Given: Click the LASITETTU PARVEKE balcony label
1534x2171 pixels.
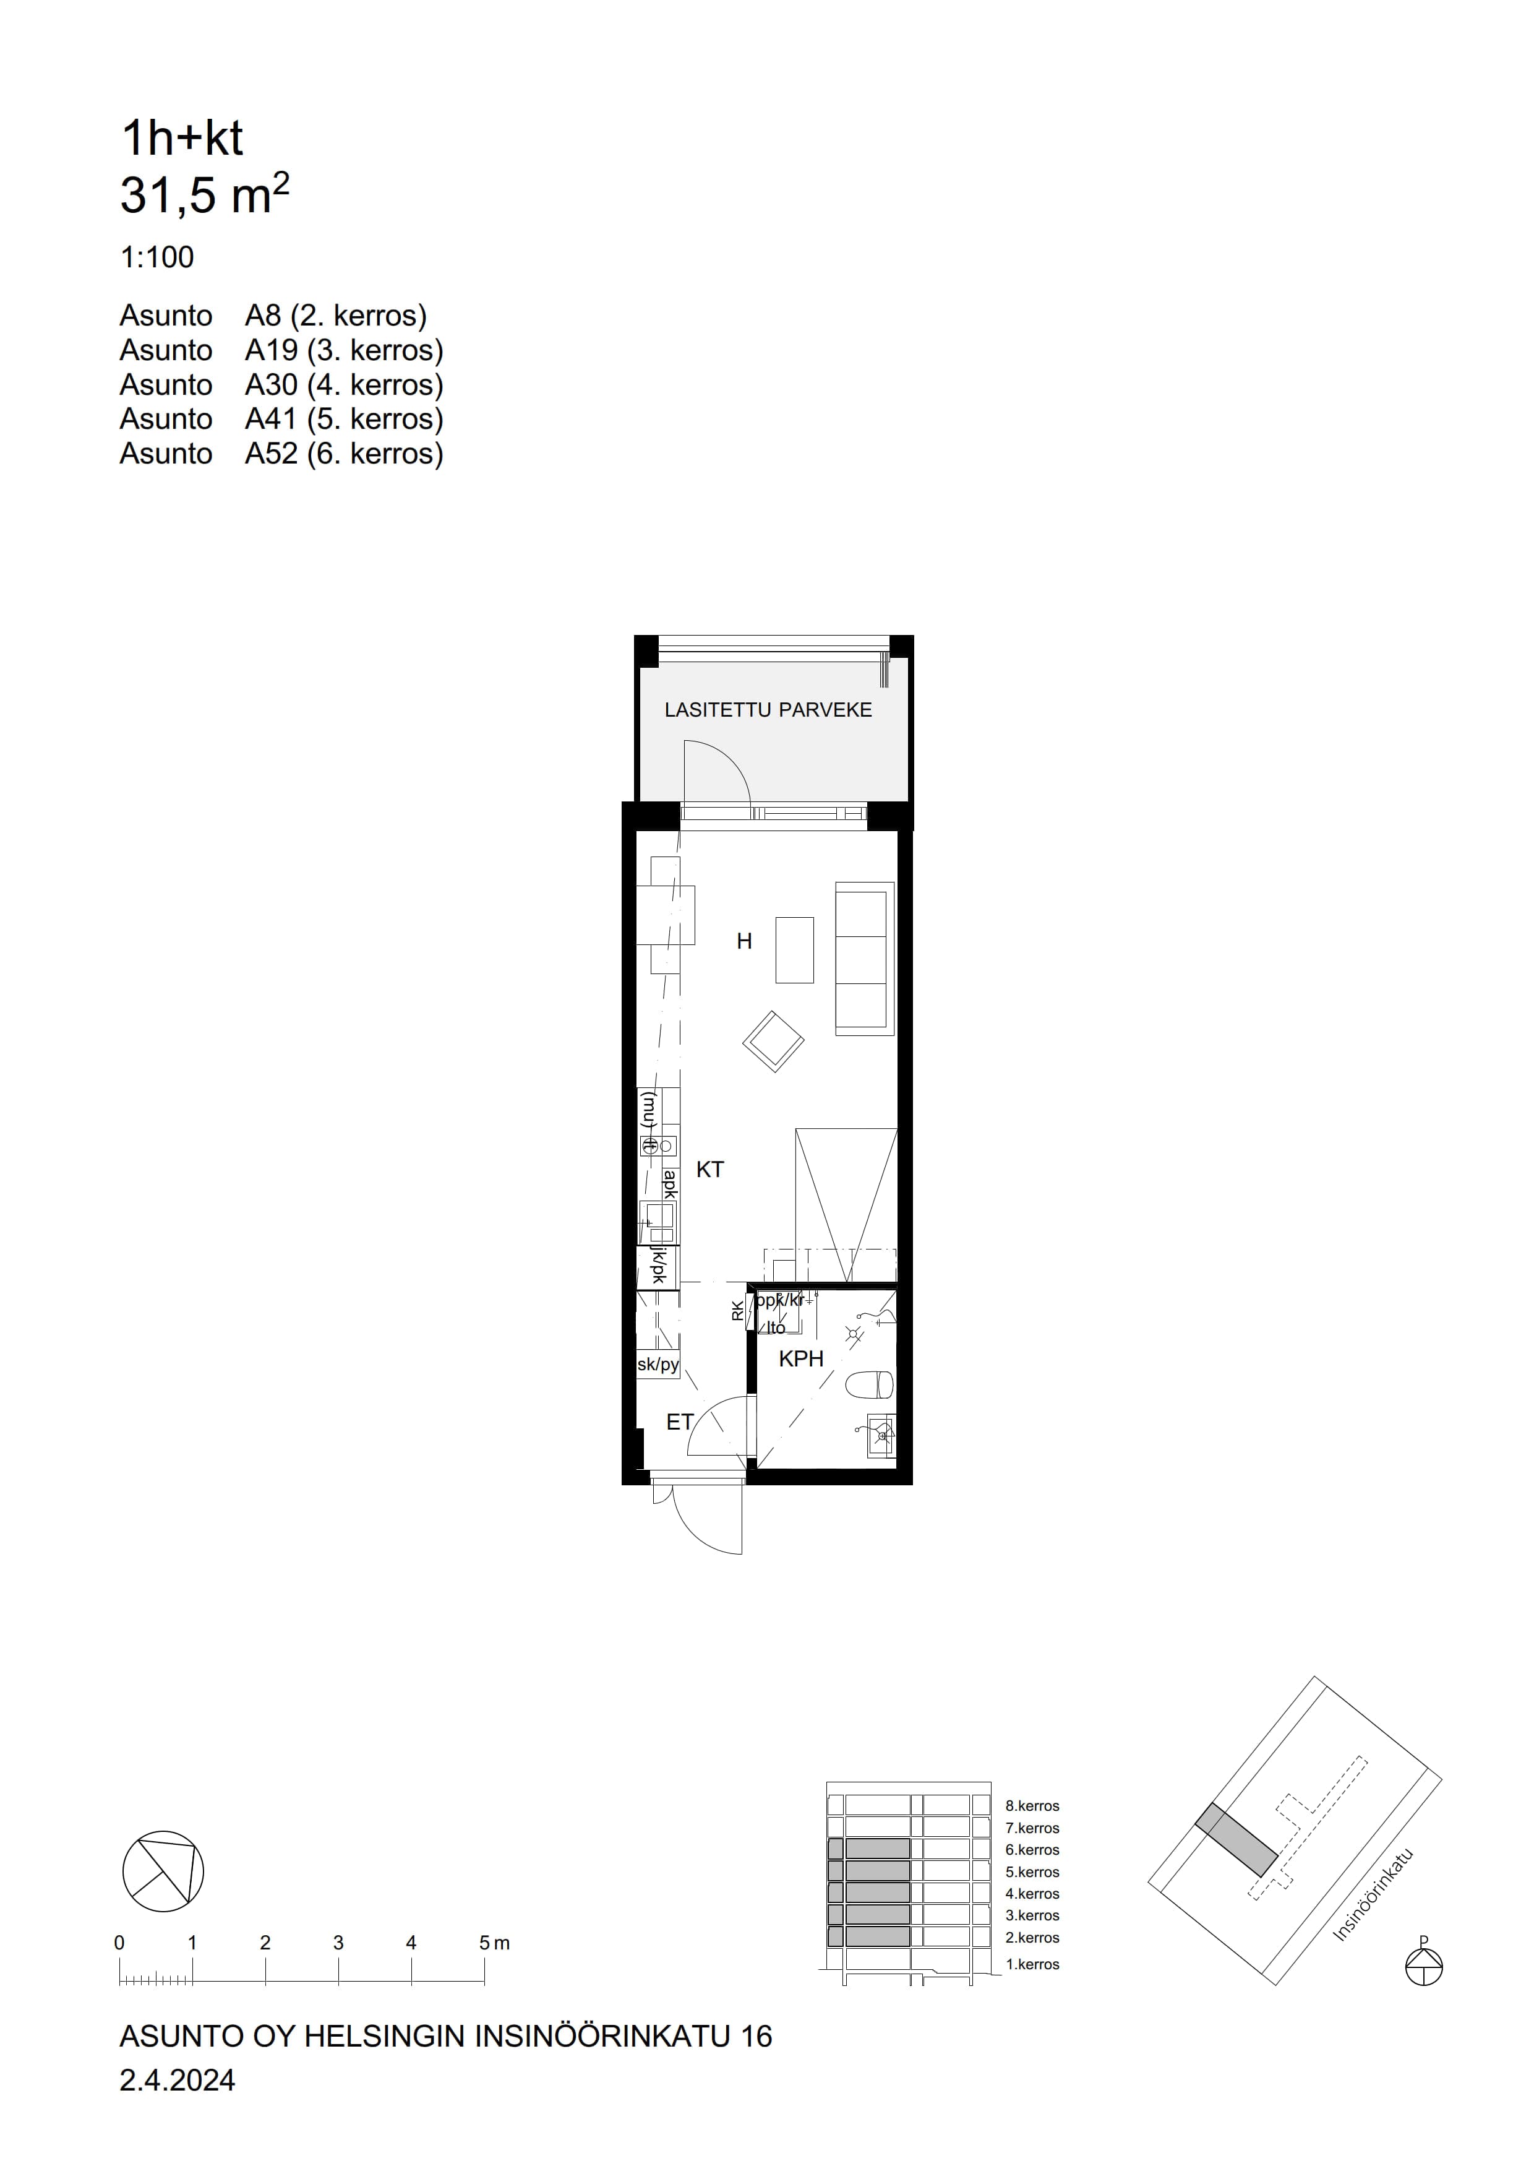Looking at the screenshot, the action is tap(768, 710).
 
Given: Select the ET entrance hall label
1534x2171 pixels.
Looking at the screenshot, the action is tap(680, 1422).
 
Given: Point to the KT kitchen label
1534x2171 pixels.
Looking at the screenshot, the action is tap(710, 1170).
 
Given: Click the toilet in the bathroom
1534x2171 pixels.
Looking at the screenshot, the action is tap(870, 1386).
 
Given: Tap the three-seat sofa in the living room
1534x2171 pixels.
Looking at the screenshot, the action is tap(865, 959).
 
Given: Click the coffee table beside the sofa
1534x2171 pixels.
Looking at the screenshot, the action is tap(795, 949).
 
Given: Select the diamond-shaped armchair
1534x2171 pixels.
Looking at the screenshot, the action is tap(773, 1041).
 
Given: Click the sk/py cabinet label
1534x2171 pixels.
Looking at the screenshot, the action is tap(658, 1365).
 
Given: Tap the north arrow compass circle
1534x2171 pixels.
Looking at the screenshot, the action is tap(163, 1871).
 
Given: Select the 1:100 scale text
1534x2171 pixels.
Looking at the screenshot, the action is tap(157, 257).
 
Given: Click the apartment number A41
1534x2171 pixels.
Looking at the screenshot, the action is tap(272, 419).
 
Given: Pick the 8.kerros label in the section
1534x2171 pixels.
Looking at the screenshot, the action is tap(1032, 1806).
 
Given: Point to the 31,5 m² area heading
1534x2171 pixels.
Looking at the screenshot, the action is tap(204, 194).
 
